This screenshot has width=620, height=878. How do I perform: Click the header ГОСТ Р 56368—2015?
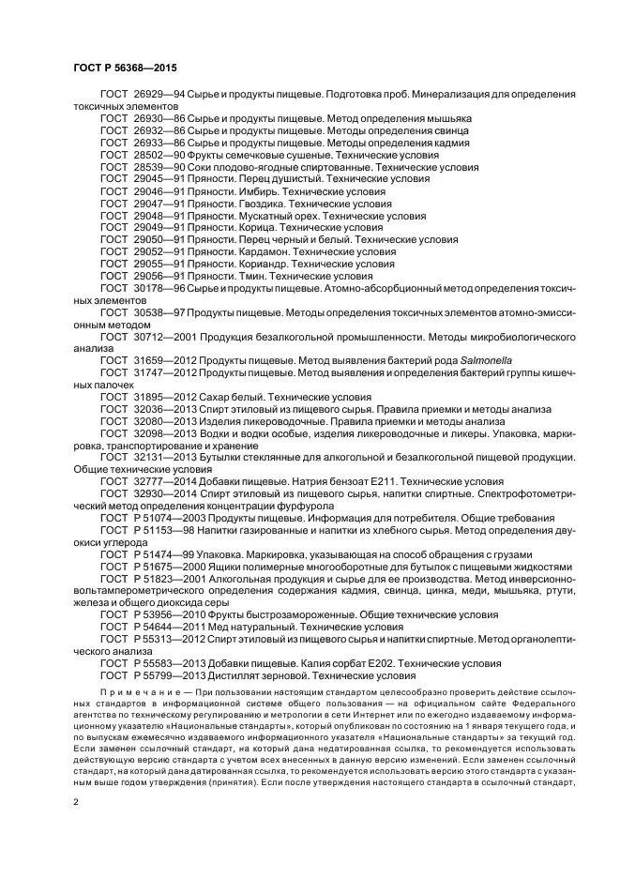tap(125, 69)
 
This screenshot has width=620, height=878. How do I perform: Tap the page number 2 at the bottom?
tap(76, 800)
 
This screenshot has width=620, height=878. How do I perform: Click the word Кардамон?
tap(258, 251)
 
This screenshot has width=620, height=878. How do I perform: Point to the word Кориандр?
tap(258, 264)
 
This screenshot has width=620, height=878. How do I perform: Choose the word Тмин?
tap(244, 276)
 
